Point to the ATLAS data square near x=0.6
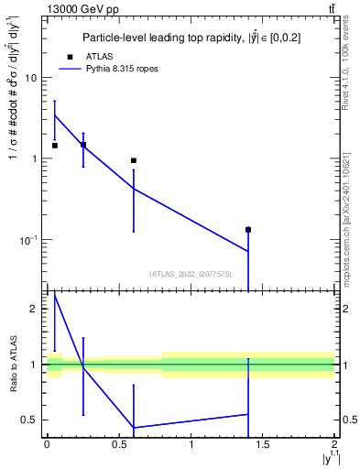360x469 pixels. (x=134, y=160)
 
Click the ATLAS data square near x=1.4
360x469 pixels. (x=248, y=230)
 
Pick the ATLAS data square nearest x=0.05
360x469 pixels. (x=55, y=146)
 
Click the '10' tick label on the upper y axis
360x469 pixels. (x=30, y=78)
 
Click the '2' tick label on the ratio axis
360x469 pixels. (x=34, y=309)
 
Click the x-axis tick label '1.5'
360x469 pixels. (x=263, y=444)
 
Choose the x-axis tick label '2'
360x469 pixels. (x=334, y=444)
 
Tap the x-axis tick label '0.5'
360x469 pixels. (x=119, y=444)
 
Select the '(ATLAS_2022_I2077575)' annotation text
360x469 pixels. (x=190, y=273)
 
